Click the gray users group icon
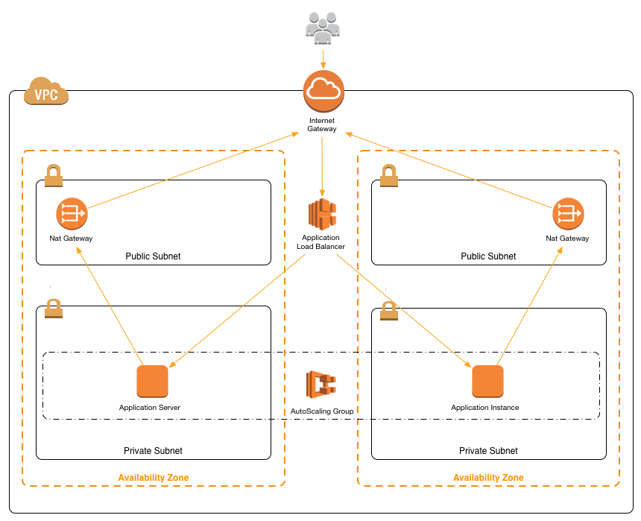click(x=323, y=28)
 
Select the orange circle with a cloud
click(x=323, y=91)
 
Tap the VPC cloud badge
click(x=46, y=92)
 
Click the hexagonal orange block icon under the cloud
click(x=322, y=215)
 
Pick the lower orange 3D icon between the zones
click(x=321, y=385)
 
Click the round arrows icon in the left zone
click(x=72, y=214)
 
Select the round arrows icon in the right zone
click(x=568, y=214)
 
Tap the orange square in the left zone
click(x=152, y=381)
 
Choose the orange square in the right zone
click(x=487, y=381)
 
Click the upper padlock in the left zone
click(x=53, y=176)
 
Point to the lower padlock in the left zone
click(x=53, y=308)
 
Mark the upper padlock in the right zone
click(x=388, y=176)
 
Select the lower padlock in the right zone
click(x=388, y=310)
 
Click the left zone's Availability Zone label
click(x=154, y=478)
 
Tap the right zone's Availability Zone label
click(x=488, y=478)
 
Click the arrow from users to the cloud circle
click(x=323, y=59)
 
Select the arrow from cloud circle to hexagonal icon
click(x=322, y=165)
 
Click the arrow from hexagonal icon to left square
click(x=237, y=310)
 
